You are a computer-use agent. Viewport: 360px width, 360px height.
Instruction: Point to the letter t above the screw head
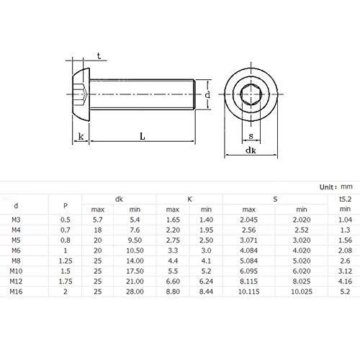click(97, 55)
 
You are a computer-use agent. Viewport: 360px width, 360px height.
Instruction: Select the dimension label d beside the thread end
click(207, 94)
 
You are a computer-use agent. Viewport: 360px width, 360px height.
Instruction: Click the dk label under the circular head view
click(251, 150)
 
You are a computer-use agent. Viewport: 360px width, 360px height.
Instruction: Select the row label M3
click(17, 219)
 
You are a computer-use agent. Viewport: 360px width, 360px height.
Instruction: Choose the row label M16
click(17, 292)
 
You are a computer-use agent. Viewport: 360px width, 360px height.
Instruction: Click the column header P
click(66, 204)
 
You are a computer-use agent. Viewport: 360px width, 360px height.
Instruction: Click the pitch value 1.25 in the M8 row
click(66, 261)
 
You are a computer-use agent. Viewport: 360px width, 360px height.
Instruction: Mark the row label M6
click(17, 251)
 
